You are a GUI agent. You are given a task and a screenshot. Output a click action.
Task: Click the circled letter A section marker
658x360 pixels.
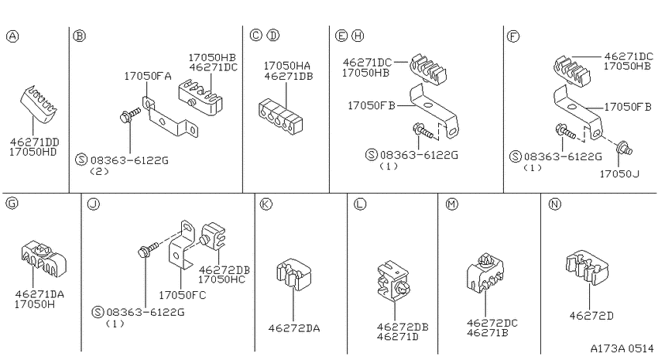click(12, 36)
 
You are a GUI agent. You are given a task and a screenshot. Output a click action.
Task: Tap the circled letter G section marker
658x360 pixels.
click(12, 204)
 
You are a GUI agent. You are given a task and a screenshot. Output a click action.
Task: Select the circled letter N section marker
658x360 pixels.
click(555, 204)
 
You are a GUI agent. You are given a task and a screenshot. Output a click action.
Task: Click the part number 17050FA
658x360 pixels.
click(148, 76)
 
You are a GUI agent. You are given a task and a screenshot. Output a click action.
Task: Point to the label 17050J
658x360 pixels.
click(619, 173)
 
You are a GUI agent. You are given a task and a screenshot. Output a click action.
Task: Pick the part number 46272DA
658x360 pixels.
click(293, 328)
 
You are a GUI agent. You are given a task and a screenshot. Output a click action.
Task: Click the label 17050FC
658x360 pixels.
click(182, 296)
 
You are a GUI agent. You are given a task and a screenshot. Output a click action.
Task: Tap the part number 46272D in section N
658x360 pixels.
click(591, 316)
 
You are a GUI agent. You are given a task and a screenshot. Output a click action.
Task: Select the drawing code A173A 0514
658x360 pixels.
click(622, 348)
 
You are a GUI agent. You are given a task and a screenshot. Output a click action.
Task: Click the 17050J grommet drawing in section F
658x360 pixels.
click(624, 148)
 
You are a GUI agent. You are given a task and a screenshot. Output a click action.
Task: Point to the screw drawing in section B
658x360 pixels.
click(130, 115)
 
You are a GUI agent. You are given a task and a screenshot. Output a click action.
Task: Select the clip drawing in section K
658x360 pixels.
click(293, 274)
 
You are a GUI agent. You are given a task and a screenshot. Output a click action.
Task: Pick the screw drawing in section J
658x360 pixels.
click(149, 249)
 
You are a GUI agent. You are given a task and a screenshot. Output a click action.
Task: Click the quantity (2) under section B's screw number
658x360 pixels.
click(99, 171)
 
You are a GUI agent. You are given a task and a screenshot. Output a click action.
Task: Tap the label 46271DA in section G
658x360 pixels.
click(39, 294)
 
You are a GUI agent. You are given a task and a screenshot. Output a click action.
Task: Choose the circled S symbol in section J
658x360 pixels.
click(98, 312)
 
